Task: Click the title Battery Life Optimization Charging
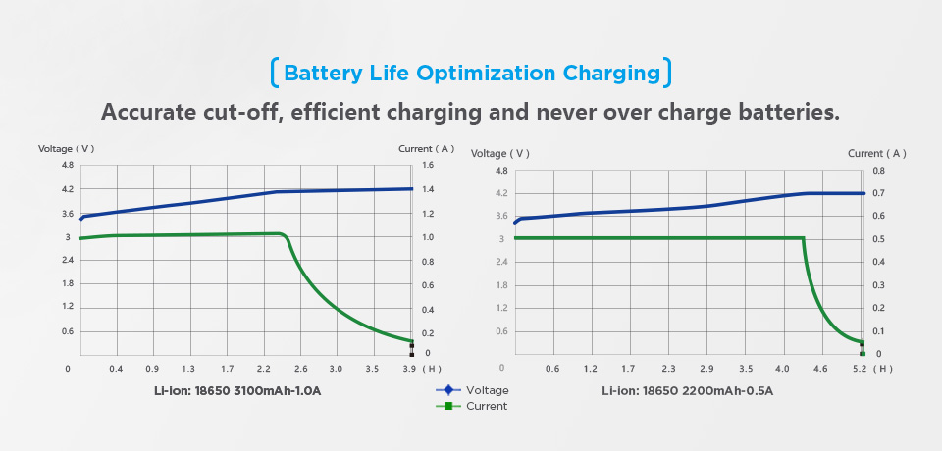pos(471,73)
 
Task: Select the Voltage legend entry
pos(488,390)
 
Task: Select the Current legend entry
pos(488,406)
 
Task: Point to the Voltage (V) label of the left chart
pos(66,149)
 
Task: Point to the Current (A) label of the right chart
pos(876,153)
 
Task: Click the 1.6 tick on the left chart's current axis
pos(428,166)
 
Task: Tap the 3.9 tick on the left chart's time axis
pos(409,369)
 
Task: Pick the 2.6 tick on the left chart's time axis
pos(300,369)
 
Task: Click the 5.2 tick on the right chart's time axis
pos(860,370)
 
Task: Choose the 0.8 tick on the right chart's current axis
pos(879,171)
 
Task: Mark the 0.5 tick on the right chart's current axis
pos(879,239)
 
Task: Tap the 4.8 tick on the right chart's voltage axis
pos(501,171)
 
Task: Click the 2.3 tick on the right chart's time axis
pos(668,370)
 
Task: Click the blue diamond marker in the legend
pos(449,390)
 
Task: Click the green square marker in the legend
pos(449,406)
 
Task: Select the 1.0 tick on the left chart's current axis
pos(428,238)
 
